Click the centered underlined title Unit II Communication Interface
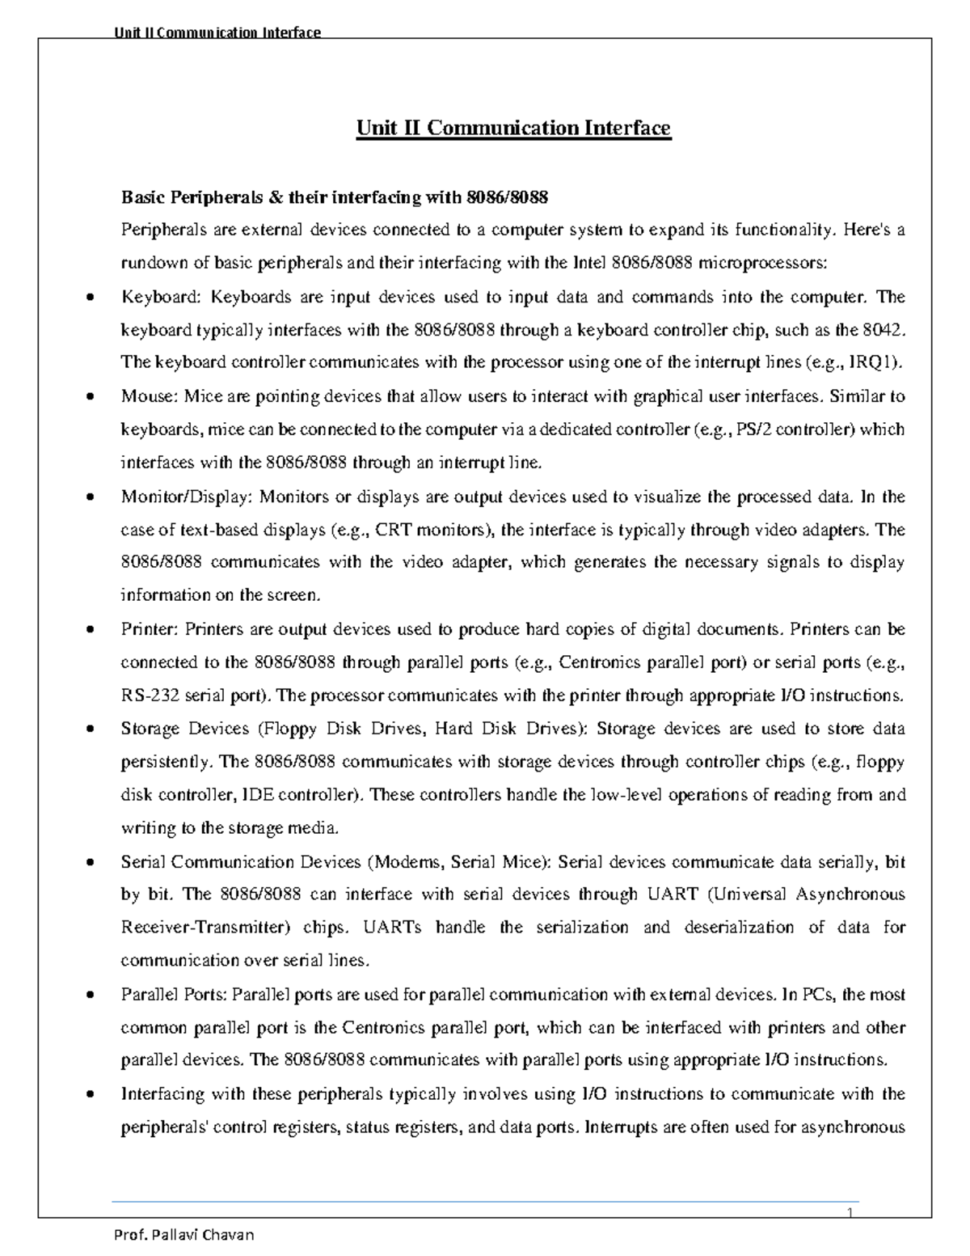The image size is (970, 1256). pyautogui.click(x=513, y=129)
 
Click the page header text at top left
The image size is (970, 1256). pyautogui.click(x=217, y=32)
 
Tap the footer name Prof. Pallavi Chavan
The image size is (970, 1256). pyautogui.click(x=185, y=1235)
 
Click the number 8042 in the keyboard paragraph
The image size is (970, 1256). pyautogui.click(x=880, y=330)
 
